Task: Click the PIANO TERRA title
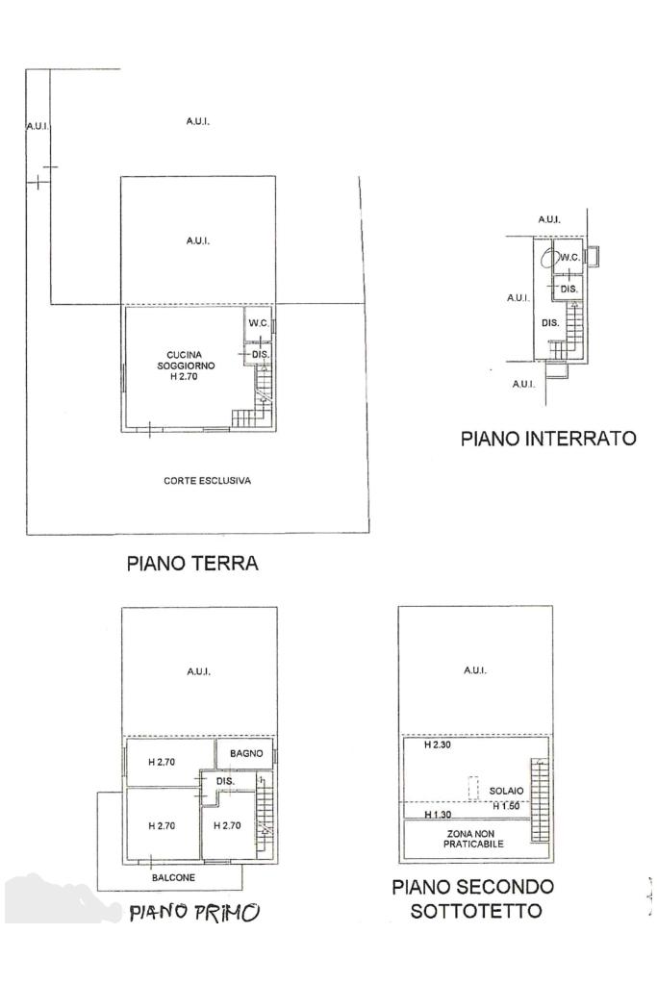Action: click(192, 563)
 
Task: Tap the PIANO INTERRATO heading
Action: click(548, 438)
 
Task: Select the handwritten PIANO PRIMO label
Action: click(194, 912)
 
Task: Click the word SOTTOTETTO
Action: click(476, 911)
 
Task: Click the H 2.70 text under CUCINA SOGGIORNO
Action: click(184, 376)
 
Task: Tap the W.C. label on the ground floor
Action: click(259, 323)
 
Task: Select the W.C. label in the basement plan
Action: click(569, 257)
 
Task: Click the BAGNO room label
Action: click(246, 753)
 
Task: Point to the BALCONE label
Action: click(173, 877)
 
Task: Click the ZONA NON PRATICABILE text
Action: click(473, 839)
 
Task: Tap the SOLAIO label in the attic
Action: click(506, 791)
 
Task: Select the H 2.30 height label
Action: click(438, 745)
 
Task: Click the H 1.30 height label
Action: click(438, 815)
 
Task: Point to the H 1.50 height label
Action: click(506, 806)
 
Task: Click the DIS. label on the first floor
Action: click(225, 781)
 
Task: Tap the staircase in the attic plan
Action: click(539, 799)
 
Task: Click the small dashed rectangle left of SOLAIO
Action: click(473, 787)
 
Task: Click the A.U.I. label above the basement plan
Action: click(549, 219)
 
